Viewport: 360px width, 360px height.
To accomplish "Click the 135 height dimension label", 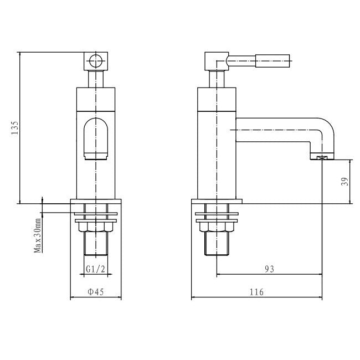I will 16,127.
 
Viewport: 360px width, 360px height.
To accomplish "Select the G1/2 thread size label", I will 95,270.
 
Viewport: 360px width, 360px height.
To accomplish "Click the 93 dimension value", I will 270,269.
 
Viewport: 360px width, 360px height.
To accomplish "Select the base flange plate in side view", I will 217,201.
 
